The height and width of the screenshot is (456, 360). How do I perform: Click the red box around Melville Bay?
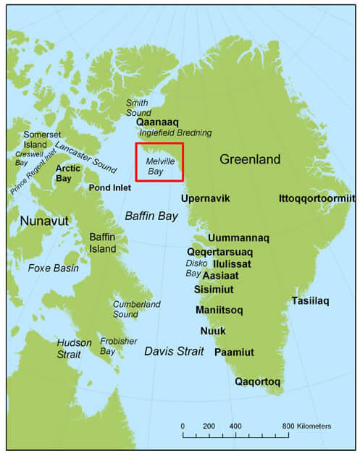point(159,161)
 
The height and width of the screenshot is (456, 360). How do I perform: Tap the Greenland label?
point(250,159)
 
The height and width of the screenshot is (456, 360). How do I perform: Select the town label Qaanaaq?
point(157,122)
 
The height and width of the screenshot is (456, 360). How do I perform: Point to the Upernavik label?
point(206,198)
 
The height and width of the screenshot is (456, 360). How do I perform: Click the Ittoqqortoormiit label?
point(317,198)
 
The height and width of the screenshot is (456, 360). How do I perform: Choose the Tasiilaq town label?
point(310,301)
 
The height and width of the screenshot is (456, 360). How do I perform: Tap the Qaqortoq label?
point(258,381)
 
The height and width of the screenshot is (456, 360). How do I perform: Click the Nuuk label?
point(213,331)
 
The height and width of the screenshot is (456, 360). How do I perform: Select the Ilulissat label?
point(232,263)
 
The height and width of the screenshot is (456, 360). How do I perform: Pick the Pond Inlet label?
point(109,187)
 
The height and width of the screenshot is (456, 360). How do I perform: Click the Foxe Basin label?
point(53,268)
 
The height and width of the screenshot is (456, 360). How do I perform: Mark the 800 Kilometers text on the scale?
point(306,426)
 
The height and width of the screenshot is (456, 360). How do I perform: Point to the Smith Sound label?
point(141,108)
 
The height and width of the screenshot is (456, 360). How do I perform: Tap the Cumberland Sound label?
point(136,309)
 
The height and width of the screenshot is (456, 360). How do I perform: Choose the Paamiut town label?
point(234,352)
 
